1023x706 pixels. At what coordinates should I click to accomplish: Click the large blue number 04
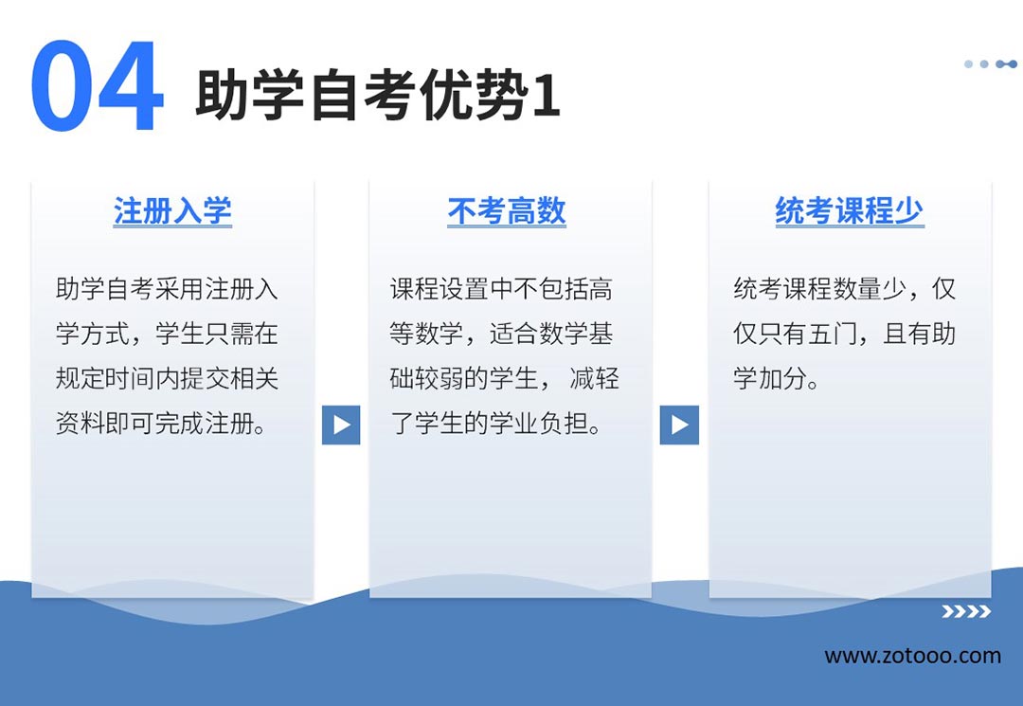97,85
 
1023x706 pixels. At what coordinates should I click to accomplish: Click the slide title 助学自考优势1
378,96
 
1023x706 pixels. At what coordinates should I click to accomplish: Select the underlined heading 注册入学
172,211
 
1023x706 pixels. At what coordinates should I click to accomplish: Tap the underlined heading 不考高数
506,211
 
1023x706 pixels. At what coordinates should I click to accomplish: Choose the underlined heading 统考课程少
850,211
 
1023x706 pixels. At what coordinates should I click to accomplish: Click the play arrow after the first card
341,425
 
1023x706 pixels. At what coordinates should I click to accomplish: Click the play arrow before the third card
679,425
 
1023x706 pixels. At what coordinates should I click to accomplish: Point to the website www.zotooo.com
913,656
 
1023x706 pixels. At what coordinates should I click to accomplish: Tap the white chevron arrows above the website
966,611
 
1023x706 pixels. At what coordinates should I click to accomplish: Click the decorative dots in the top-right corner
991,63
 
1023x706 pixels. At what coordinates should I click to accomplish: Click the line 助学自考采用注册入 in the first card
167,289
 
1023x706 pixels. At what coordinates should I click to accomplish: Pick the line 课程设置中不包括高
501,289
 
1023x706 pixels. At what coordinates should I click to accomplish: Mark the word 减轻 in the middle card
594,378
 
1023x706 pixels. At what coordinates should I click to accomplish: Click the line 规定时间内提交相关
167,378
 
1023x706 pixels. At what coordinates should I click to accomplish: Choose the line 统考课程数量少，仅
844,289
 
